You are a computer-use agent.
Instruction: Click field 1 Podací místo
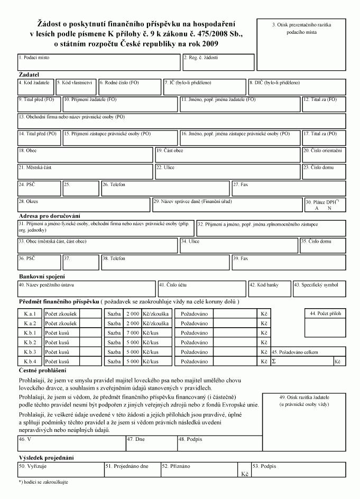pos(99,62)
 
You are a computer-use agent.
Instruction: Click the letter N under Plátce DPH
pos(329,208)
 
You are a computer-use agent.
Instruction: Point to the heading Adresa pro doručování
pos(49,216)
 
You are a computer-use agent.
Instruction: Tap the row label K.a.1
pos(30,313)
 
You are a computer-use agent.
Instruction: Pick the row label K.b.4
pos(30,362)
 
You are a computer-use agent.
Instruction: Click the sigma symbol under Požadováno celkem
pos(274,362)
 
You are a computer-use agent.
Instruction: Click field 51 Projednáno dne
pos(132,469)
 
